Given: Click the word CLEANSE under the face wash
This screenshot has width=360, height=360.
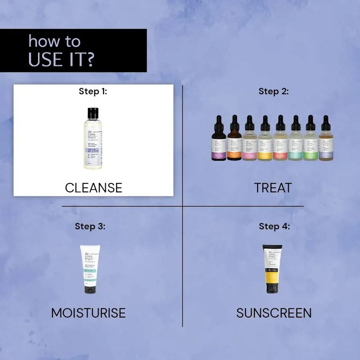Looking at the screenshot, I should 94,188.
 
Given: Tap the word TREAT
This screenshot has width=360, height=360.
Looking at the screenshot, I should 273,188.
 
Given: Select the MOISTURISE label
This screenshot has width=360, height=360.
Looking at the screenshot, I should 88,313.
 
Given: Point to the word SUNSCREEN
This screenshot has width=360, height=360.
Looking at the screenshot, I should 274,313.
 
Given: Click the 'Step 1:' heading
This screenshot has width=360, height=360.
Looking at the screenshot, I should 93,91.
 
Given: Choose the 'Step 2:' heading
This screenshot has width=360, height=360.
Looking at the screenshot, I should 274,91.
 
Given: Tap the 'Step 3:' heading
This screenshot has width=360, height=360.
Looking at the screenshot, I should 90,226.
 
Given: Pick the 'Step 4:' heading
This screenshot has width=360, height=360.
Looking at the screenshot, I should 274,226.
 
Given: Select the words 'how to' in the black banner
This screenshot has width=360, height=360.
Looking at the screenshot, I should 54,41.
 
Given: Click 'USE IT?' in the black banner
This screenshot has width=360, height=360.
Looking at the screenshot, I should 61,59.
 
